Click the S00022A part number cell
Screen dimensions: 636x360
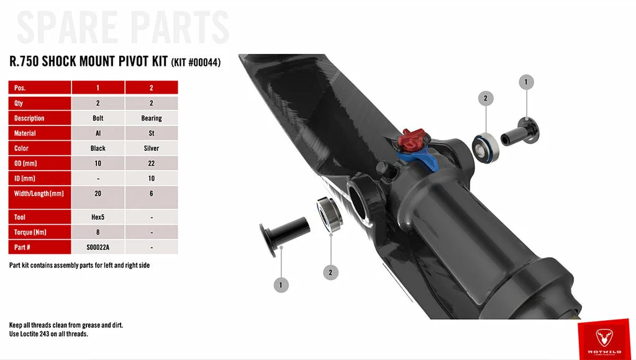[x=98, y=247]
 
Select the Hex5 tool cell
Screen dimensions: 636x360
[x=98, y=217]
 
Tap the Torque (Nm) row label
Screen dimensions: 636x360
[x=39, y=232]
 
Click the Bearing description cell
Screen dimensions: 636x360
[x=152, y=118]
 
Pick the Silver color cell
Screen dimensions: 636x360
[x=152, y=148]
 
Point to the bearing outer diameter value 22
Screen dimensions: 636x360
[x=152, y=163]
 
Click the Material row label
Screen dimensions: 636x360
[x=39, y=133]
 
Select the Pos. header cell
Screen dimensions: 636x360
[x=39, y=88]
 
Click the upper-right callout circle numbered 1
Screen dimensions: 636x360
[x=526, y=82]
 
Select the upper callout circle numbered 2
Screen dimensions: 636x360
[x=486, y=98]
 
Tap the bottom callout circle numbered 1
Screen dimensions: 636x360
[x=281, y=285]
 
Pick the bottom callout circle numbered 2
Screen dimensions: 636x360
[x=330, y=272]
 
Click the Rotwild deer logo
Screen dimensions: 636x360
[x=604, y=337]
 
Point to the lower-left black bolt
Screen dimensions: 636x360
[x=284, y=235]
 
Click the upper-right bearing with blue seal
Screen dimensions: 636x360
[x=486, y=148]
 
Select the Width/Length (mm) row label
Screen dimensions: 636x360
[x=39, y=194]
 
